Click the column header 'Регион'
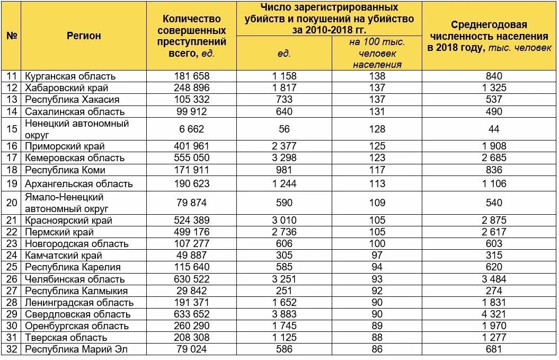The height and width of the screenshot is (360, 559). [x=84, y=36]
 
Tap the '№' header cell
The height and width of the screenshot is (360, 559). [x=12, y=36]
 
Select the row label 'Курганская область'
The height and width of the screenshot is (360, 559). [x=70, y=76]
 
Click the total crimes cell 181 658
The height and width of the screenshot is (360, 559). [x=192, y=76]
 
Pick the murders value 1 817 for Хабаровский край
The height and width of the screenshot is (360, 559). [x=284, y=87]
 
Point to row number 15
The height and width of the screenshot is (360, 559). [x=12, y=129]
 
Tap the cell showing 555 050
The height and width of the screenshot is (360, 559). [x=192, y=157]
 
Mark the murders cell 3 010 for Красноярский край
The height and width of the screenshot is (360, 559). [x=284, y=220]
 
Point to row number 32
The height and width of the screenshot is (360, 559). [x=12, y=349]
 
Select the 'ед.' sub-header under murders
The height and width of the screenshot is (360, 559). [x=284, y=53]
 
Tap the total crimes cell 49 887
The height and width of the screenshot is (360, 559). [x=192, y=256]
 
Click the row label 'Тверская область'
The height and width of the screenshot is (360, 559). [x=66, y=337]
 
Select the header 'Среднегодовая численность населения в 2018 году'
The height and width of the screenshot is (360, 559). [x=490, y=36]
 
